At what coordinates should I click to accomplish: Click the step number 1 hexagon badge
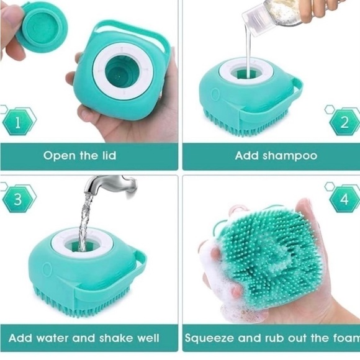(x=17, y=122)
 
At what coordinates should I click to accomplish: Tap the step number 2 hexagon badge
(x=344, y=122)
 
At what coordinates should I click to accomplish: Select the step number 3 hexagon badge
(x=18, y=199)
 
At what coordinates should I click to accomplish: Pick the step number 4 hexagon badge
(x=344, y=199)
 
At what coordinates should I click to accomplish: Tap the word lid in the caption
(x=109, y=155)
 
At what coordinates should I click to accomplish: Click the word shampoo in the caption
(x=290, y=156)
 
